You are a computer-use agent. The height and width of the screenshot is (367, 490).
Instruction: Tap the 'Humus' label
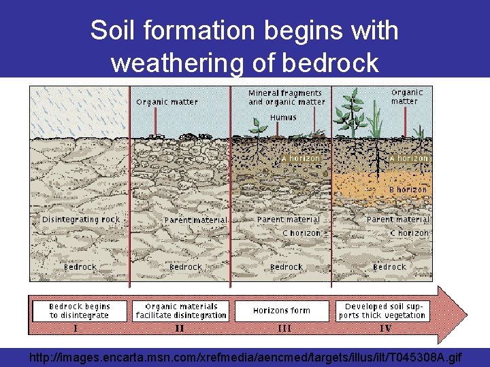(283, 118)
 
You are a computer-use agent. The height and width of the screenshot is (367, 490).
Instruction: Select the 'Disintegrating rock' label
(81, 220)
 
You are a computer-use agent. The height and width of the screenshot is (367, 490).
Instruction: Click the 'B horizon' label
(408, 190)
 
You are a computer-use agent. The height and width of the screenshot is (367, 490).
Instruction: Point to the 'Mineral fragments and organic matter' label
(285, 97)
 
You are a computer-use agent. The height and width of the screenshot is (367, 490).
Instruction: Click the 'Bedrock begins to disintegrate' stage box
(80, 311)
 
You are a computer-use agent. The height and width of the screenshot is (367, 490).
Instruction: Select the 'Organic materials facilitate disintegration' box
(181, 311)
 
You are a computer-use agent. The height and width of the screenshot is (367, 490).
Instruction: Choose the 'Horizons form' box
(282, 311)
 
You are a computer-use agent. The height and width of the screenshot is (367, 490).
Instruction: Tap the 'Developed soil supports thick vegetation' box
(385, 311)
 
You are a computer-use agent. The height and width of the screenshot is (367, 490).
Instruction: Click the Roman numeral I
(76, 328)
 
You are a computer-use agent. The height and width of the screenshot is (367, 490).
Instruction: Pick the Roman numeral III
(284, 328)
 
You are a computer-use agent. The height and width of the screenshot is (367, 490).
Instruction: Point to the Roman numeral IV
(385, 328)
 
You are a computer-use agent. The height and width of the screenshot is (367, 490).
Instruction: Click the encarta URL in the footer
(245, 356)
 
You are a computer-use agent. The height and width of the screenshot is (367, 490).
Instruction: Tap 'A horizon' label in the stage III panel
(301, 158)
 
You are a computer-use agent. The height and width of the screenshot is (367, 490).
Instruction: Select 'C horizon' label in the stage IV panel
(409, 233)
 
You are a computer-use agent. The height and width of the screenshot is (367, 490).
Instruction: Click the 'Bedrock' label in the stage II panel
(185, 267)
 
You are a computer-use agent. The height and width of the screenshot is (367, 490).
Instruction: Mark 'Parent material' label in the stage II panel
(195, 220)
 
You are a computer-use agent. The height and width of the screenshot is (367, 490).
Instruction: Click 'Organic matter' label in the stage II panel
(167, 102)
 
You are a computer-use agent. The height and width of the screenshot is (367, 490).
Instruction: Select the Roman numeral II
(179, 328)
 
